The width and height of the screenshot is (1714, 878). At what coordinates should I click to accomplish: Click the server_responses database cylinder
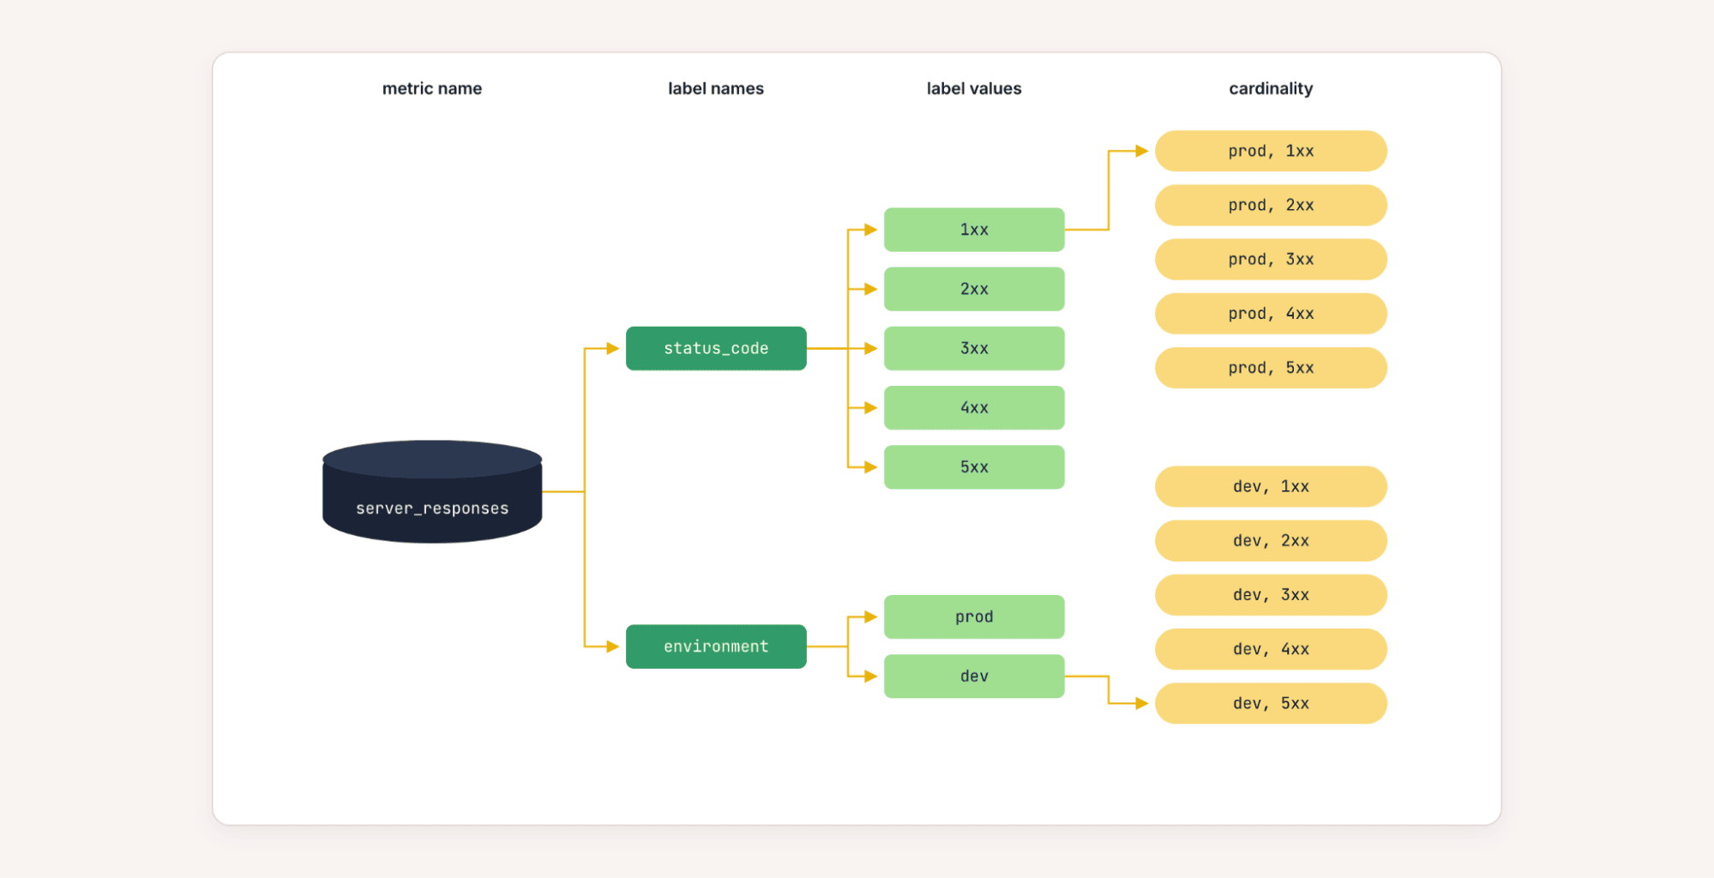click(x=432, y=491)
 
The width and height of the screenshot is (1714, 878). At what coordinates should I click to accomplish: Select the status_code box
click(x=716, y=348)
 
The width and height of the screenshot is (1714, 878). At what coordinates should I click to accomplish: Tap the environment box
click(x=716, y=646)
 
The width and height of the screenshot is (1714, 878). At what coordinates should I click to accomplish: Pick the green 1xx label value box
click(x=974, y=230)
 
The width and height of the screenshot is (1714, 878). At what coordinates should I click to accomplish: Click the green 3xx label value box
click(x=974, y=348)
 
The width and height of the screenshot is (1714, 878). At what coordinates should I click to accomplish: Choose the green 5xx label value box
click(x=974, y=467)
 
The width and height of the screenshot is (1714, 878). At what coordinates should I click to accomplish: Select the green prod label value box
click(x=974, y=616)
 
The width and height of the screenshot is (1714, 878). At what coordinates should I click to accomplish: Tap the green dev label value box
click(x=974, y=677)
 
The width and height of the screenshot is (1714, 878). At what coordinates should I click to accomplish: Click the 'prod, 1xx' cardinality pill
click(x=1271, y=151)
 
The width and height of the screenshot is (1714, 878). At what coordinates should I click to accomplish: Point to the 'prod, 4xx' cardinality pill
click(x=1271, y=314)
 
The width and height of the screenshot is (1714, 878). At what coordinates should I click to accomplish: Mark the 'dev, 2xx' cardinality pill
click(x=1271, y=541)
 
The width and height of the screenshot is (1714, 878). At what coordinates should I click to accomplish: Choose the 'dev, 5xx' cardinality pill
click(x=1271, y=703)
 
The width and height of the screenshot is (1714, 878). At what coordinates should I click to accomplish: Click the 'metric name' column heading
click(x=432, y=88)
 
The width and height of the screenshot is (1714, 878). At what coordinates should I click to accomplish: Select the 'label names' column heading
click(x=716, y=88)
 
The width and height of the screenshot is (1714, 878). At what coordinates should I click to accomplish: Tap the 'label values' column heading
click(x=974, y=88)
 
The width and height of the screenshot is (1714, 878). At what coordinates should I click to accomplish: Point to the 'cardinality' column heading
click(x=1271, y=88)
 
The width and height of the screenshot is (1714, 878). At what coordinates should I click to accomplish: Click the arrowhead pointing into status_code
click(x=613, y=348)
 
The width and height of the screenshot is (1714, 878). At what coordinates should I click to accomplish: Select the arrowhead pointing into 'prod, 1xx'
click(x=1142, y=151)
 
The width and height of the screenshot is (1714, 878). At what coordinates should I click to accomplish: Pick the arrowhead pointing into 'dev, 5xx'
click(x=1142, y=703)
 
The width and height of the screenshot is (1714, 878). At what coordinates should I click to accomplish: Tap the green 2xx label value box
click(x=974, y=289)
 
